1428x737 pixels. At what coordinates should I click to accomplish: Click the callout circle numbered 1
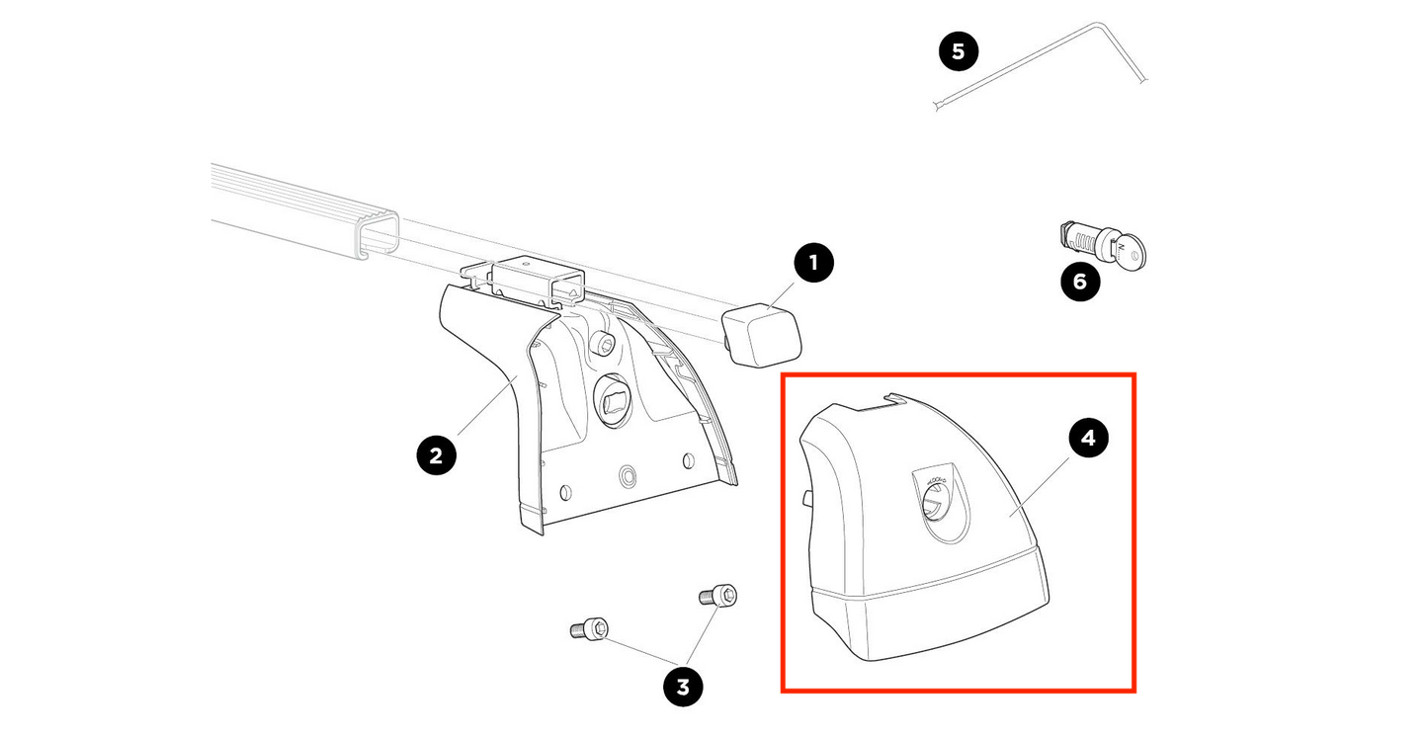[814, 263]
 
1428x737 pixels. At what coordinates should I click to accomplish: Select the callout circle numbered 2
[436, 455]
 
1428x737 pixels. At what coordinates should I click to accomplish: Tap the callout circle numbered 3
[682, 685]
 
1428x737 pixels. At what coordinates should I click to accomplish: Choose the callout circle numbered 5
[958, 50]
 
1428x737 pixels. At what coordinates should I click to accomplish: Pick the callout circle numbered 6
[1079, 283]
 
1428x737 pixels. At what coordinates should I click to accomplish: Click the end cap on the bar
[762, 333]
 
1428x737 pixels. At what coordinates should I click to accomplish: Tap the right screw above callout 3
[718, 596]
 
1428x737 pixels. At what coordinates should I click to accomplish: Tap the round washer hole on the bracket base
[628, 477]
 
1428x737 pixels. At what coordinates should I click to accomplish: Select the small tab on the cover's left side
[806, 495]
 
